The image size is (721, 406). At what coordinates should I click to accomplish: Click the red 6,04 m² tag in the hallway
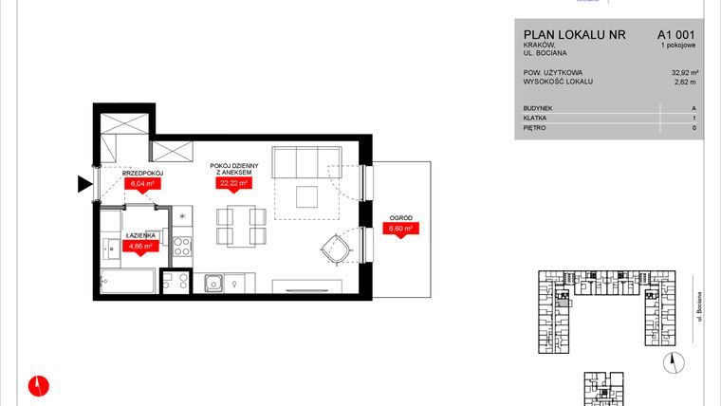pyautogui.click(x=142, y=184)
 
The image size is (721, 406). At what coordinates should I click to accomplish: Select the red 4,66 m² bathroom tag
pyautogui.click(x=140, y=247)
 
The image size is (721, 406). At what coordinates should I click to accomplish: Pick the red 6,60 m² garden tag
pyautogui.click(x=399, y=229)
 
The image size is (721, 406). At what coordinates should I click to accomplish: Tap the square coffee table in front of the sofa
pyautogui.click(x=306, y=196)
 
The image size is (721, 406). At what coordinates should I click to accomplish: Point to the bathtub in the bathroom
pyautogui.click(x=127, y=282)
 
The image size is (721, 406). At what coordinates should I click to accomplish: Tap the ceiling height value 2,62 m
pyautogui.click(x=685, y=83)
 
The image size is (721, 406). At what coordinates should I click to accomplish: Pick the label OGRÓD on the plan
pyautogui.click(x=398, y=217)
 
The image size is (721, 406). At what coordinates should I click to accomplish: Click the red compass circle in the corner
pyautogui.click(x=39, y=385)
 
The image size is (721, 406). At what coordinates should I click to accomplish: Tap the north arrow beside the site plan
pyautogui.click(x=675, y=359)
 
